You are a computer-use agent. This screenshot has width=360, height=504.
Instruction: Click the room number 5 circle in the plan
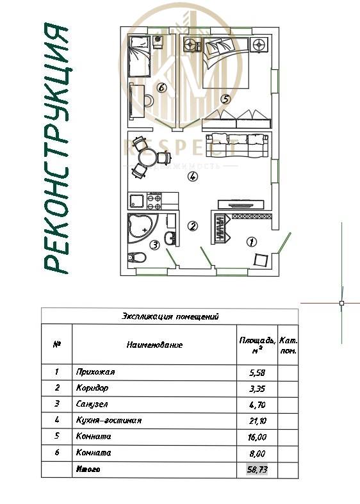[x=224, y=99]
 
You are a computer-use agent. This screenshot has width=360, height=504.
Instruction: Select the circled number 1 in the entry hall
[x=252, y=241]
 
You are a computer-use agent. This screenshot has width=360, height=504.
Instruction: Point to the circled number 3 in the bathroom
[x=154, y=245]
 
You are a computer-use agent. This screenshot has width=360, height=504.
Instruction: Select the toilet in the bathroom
[x=136, y=257]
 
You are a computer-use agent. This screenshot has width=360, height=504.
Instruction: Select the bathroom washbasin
[x=169, y=239]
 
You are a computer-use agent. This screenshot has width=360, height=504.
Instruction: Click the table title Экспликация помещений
[x=170, y=316]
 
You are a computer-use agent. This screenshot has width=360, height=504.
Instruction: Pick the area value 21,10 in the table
[x=256, y=420]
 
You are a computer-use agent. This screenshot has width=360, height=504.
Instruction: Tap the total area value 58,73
[x=256, y=469]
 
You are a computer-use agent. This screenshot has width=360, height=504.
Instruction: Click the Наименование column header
[x=154, y=345]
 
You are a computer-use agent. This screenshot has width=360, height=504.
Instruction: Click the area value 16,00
[x=256, y=437]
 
